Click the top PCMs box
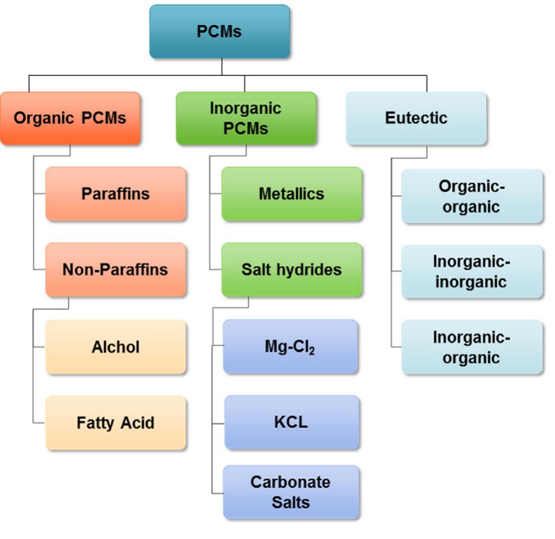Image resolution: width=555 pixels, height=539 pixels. (219, 32)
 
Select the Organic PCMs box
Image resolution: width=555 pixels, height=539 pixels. (70, 118)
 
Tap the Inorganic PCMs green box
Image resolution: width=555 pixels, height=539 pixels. (246, 118)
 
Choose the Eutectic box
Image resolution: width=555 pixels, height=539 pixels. (416, 118)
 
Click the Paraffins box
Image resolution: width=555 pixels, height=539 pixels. (116, 194)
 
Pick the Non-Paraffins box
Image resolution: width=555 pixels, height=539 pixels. (116, 269)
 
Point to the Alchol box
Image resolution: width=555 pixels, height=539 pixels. (116, 347)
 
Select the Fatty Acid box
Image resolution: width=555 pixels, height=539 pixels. (116, 423)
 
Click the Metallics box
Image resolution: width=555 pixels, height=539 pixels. (291, 194)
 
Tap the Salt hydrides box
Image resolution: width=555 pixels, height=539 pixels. (291, 269)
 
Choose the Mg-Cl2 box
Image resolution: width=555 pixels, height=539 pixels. (290, 347)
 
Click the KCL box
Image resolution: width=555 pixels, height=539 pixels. (291, 422)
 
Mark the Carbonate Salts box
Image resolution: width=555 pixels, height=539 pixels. (291, 492)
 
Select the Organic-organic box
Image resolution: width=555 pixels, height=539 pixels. (472, 196)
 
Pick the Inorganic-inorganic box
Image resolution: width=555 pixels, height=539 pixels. (472, 272)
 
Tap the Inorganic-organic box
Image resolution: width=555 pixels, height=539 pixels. (472, 347)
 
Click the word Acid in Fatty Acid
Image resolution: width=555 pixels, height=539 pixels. (138, 423)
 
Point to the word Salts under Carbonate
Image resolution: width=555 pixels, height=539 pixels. (290, 502)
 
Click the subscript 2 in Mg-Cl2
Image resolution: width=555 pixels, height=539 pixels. (312, 351)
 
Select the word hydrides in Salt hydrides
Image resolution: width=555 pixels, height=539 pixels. (309, 269)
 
